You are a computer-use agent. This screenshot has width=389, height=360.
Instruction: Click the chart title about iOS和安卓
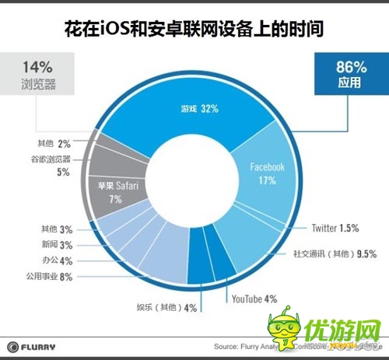pos(194,30)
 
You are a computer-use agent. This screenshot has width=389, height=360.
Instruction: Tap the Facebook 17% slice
pos(268,173)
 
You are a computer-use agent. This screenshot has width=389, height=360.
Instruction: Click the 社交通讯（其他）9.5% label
pos(335,253)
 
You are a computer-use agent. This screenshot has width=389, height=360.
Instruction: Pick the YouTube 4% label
pos(254,298)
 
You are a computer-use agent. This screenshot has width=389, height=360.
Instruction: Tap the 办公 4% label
pos(59,260)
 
